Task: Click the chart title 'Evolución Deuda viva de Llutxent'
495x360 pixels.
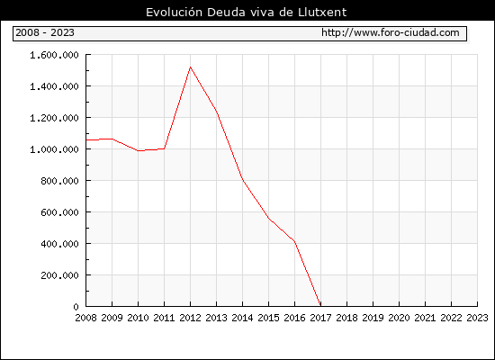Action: pyautogui.click(x=247, y=13)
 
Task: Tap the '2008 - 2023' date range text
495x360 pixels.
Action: pyautogui.click(x=45, y=32)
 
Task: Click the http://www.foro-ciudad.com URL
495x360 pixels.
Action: pyautogui.click(x=391, y=32)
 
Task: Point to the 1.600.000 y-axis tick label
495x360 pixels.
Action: pyautogui.click(x=54, y=55)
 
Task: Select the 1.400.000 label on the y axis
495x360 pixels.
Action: pyautogui.click(x=54, y=86)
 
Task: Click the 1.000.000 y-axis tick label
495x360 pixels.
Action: pyautogui.click(x=54, y=149)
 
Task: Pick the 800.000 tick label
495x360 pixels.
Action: pyautogui.click(x=59, y=181)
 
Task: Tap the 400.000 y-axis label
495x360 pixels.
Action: pyautogui.click(x=59, y=244)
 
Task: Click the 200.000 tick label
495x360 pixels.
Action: pyautogui.click(x=59, y=275)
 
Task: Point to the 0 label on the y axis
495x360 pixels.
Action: pyautogui.click(x=76, y=307)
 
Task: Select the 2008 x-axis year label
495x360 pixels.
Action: pyautogui.click(x=85, y=318)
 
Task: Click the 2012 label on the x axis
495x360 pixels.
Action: pyautogui.click(x=191, y=318)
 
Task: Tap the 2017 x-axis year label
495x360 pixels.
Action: pyautogui.click(x=320, y=318)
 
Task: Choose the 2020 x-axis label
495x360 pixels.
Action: pyautogui.click(x=399, y=318)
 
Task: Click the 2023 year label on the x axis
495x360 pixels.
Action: pyautogui.click(x=477, y=318)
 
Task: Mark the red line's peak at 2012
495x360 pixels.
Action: pyautogui.click(x=191, y=67)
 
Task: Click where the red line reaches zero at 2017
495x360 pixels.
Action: pyautogui.click(x=320, y=306)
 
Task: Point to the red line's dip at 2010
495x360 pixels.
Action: pyautogui.click(x=139, y=150)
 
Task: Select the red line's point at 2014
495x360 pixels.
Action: pyautogui.click(x=242, y=179)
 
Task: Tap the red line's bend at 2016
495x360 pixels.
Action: pyautogui.click(x=294, y=241)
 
